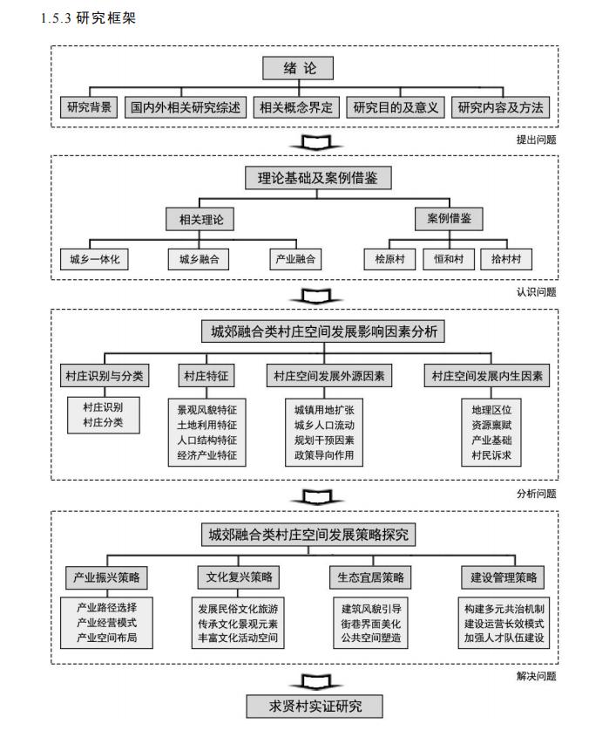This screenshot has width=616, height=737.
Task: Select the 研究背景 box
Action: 89,108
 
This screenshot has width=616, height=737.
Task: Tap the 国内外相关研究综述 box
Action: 186,108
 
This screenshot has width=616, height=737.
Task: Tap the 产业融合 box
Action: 296,259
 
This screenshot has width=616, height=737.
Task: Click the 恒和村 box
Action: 448,259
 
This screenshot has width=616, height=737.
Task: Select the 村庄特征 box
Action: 206,376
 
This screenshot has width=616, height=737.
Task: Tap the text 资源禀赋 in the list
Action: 491,424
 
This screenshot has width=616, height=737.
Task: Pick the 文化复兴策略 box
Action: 238,577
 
